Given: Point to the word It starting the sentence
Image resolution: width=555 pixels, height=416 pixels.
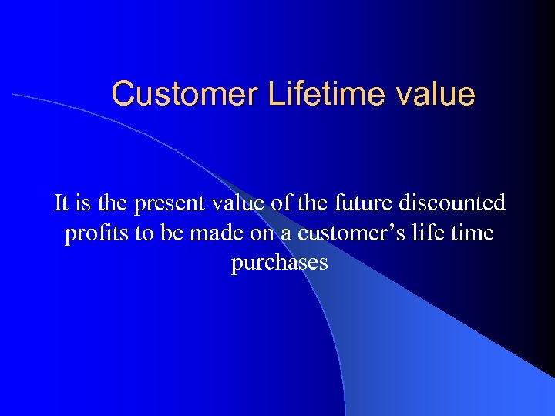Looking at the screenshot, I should pos(61,203).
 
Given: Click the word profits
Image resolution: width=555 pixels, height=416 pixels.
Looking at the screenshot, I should pos(98,233).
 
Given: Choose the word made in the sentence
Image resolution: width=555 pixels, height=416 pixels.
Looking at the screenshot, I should pos(212,233).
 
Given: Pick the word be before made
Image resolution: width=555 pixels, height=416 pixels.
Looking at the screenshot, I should pos(172,233).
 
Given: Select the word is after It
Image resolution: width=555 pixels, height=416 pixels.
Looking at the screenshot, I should pos(82,203).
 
